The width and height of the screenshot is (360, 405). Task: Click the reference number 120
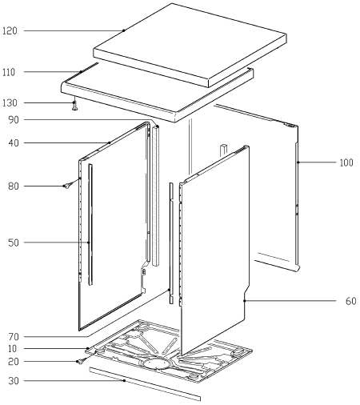(x=10, y=31)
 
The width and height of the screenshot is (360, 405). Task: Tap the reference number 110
(x=9, y=72)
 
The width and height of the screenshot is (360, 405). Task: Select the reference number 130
(x=10, y=102)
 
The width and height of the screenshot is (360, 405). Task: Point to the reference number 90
(x=14, y=120)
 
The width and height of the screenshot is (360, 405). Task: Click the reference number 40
(x=14, y=143)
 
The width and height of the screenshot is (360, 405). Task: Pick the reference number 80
(x=14, y=186)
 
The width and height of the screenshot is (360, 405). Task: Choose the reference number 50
(x=14, y=243)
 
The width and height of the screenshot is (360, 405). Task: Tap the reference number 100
(x=346, y=162)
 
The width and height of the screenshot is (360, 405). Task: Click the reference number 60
(x=351, y=301)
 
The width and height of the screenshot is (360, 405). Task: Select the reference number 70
(x=14, y=337)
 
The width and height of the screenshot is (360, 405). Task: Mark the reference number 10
(x=13, y=348)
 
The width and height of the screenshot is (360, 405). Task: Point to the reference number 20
(x=14, y=362)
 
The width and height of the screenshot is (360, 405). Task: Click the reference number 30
(x=14, y=381)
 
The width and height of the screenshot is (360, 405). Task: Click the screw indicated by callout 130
(x=75, y=106)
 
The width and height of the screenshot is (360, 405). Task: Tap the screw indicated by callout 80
(x=68, y=185)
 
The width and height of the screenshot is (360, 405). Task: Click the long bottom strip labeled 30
(x=145, y=383)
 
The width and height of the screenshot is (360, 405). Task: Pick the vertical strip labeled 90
(x=156, y=196)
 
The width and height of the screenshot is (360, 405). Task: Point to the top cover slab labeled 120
(x=190, y=45)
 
